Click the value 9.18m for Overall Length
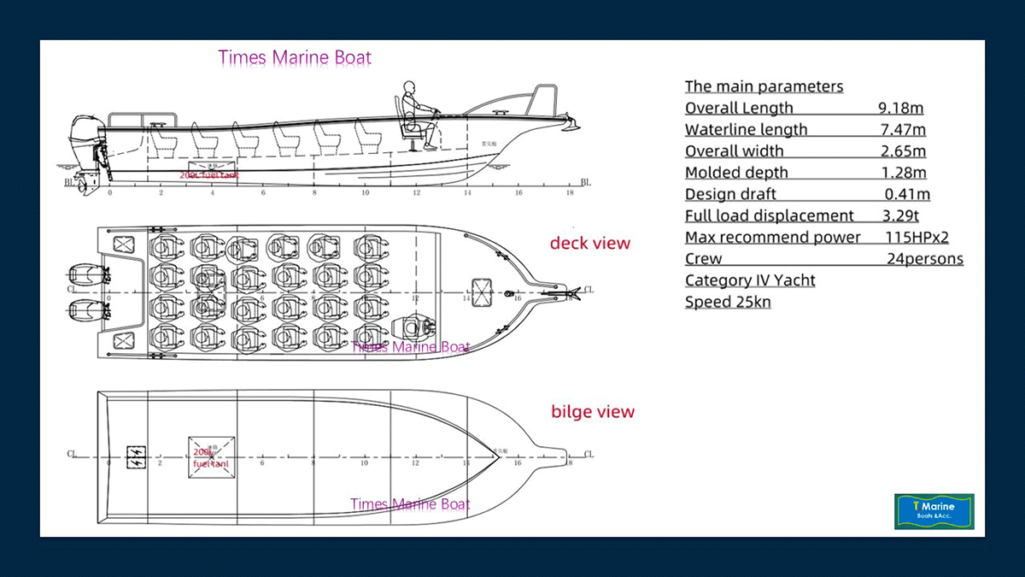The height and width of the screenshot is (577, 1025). coord(900,109)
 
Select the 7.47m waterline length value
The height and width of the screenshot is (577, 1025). coord(903,130)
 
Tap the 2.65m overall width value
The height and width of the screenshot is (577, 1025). coord(903,151)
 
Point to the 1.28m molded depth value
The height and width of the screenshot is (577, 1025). coord(903,173)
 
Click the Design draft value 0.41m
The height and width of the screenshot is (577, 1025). coord(907,194)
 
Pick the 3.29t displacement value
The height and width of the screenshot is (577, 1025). coord(900,215)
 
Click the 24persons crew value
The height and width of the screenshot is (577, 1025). coord(924,259)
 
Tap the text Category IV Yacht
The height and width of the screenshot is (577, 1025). coord(750,280)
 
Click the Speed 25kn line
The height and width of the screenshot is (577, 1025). coord(728,302)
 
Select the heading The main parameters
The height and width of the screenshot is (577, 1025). coord(764,86)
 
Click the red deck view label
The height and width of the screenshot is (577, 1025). coord(589,243)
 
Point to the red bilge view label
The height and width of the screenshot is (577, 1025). coord(593,412)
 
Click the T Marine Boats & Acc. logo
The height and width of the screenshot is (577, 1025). coord(934,510)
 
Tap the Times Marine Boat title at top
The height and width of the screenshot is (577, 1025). coord(295,58)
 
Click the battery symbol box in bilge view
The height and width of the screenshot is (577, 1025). coord(135,455)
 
